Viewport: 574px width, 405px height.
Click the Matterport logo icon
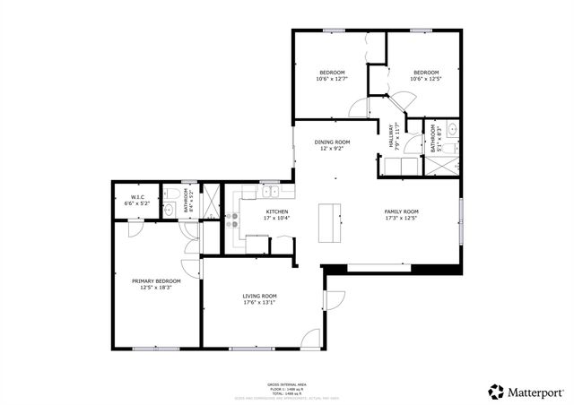click(495, 392)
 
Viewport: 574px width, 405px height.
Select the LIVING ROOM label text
click(258, 296)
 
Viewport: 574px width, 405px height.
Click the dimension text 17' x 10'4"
click(251, 218)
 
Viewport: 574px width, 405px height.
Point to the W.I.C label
click(138, 196)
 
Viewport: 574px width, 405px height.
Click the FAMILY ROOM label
click(401, 211)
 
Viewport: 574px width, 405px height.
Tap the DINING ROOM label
click(332, 142)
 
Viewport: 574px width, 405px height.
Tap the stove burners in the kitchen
click(232, 220)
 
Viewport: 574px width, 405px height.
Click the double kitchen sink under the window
click(269, 191)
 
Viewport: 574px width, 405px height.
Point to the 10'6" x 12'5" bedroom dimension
click(425, 79)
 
